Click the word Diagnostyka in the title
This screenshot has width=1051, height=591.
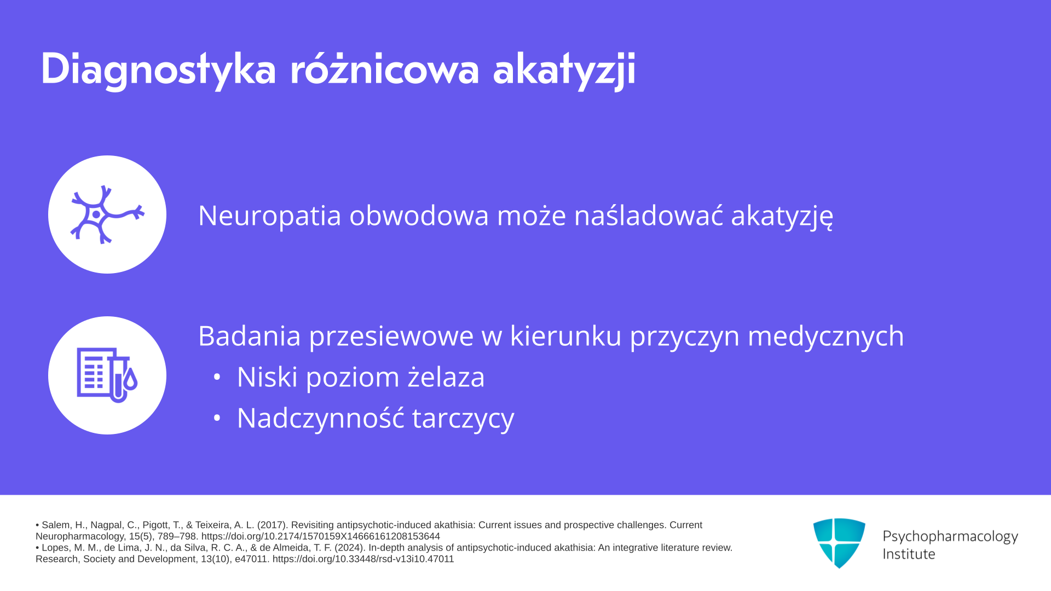pos(158,69)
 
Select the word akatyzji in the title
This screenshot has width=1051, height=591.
pos(564,69)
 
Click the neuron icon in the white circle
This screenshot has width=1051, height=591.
pos(107,215)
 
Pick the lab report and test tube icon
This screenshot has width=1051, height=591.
pos(107,375)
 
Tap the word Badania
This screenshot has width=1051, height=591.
pos(250,335)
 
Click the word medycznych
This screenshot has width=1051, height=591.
pos(826,337)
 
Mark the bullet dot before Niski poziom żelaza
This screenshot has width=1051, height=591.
pos(217,377)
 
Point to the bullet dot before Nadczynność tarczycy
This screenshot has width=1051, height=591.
pos(217,418)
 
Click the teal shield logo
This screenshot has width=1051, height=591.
pos(839,543)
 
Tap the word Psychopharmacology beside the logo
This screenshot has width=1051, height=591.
pos(950,537)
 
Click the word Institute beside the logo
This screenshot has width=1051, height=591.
pos(909,554)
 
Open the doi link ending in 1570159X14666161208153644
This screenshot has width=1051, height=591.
pos(320,536)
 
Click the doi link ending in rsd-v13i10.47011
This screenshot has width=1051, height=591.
pos(363,559)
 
